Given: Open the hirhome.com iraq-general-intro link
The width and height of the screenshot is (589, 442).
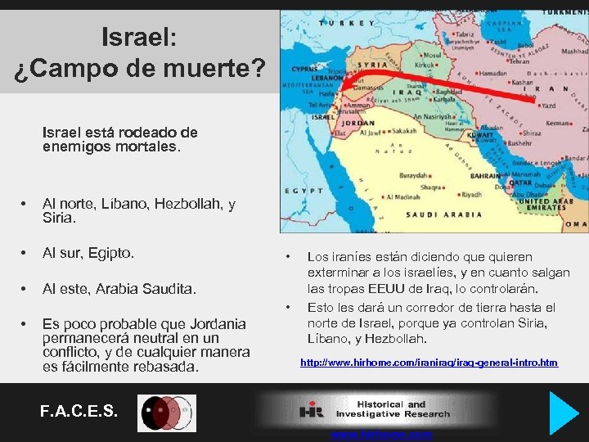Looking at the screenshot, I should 429,362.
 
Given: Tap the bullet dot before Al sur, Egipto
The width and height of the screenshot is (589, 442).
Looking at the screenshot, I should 25,253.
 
